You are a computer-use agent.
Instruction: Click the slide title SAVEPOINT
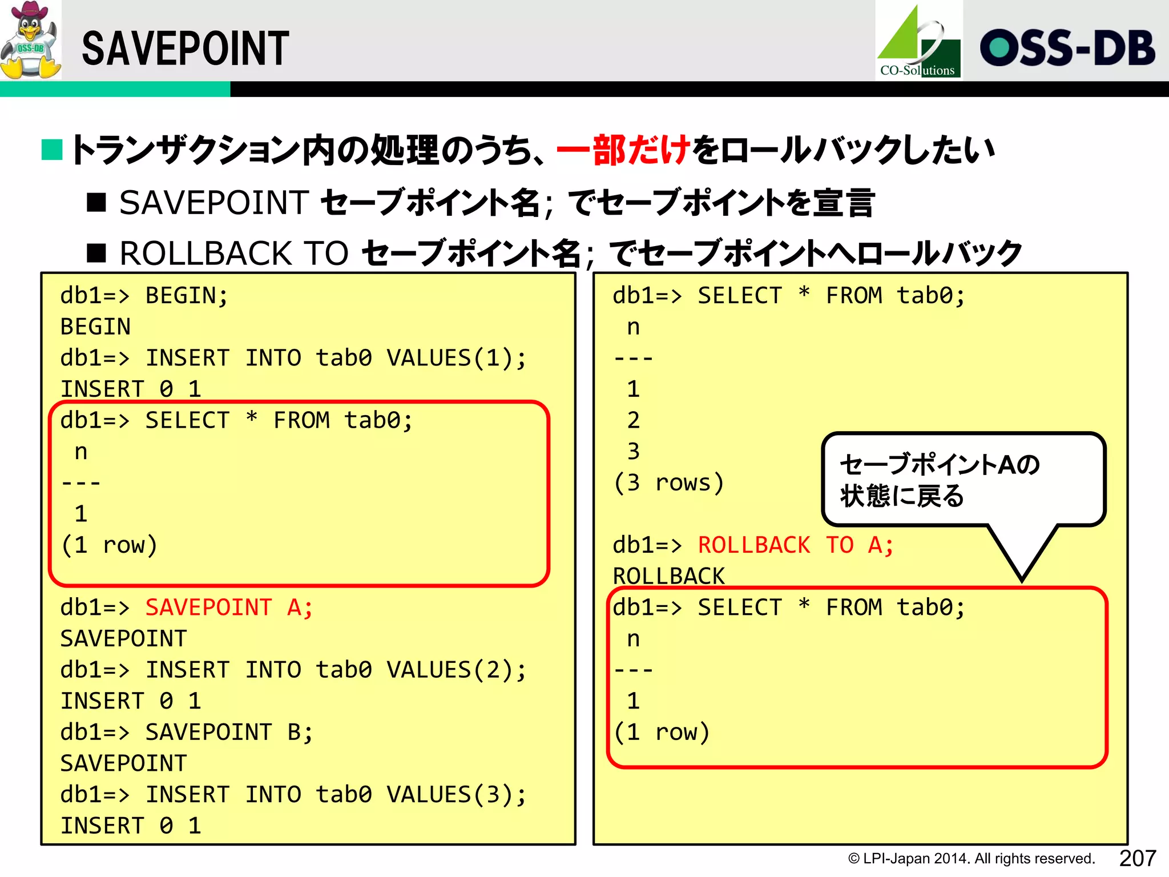[x=186, y=49]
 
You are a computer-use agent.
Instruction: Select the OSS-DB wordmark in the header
[x=1067, y=48]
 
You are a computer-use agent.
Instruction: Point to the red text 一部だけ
[x=623, y=150]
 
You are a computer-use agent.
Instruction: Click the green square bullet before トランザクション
[x=52, y=150]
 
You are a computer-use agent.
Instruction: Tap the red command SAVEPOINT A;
[x=229, y=608]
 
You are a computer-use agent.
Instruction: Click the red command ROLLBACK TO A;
[x=795, y=545]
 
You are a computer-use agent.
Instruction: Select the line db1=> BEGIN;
[x=144, y=296]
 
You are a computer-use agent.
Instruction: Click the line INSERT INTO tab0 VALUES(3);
[x=336, y=795]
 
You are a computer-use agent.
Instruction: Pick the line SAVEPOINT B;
[x=229, y=733]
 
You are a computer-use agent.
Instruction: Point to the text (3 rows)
[x=668, y=483]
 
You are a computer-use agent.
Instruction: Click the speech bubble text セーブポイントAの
[x=940, y=464]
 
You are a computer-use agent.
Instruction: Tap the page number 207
[x=1137, y=858]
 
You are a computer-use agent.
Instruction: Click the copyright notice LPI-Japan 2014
[x=971, y=859]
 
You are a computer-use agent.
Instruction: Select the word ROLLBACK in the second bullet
[x=206, y=254]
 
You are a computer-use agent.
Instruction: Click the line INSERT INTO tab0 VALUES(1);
[x=336, y=358]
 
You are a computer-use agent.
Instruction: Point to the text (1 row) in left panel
[x=108, y=545]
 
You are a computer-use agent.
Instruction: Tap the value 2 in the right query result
[x=633, y=421]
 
